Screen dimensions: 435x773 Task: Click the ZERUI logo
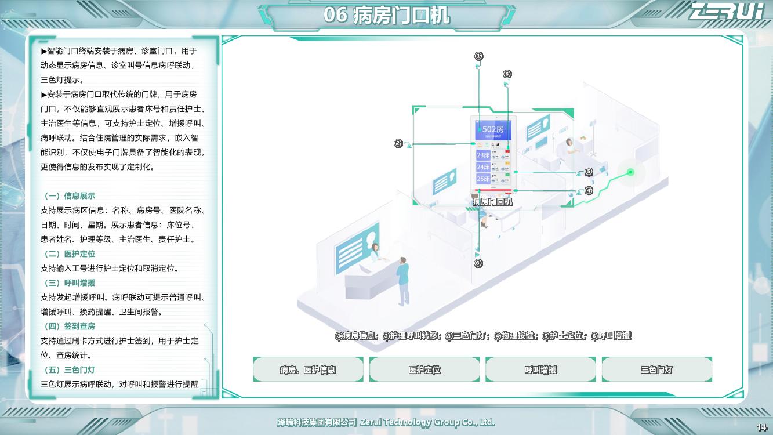726,11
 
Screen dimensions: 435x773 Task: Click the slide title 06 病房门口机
386,15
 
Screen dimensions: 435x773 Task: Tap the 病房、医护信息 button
308,369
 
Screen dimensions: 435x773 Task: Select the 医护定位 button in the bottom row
424,369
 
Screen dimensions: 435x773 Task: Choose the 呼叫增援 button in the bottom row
540,369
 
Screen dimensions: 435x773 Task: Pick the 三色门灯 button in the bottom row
656,369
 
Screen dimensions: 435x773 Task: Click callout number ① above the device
478,56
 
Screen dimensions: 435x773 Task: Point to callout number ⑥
507,74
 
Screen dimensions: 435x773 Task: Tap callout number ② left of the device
398,143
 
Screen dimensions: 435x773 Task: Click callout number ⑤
589,172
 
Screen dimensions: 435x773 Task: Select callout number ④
589,190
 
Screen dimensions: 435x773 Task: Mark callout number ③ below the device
478,263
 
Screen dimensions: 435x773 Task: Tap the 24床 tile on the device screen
483,167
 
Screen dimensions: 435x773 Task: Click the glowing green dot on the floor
630,172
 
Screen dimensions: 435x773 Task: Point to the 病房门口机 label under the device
492,202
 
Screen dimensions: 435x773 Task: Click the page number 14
761,427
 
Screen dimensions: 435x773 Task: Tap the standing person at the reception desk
402,281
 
